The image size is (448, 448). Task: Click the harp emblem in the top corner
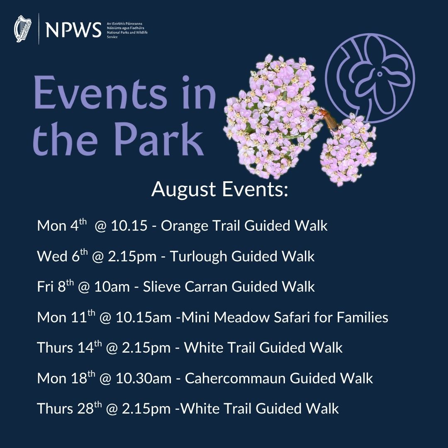(x=22, y=29)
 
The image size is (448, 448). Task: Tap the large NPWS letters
(x=73, y=30)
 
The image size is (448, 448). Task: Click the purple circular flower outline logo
(x=370, y=78)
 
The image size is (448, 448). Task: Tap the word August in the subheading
(x=183, y=190)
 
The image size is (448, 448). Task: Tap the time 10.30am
(x=144, y=378)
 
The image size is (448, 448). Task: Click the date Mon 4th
(x=62, y=225)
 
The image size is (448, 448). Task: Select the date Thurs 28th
(x=69, y=408)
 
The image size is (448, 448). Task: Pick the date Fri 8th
(x=56, y=286)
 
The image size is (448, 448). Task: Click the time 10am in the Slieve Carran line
(x=112, y=287)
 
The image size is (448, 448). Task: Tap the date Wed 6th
(x=63, y=256)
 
